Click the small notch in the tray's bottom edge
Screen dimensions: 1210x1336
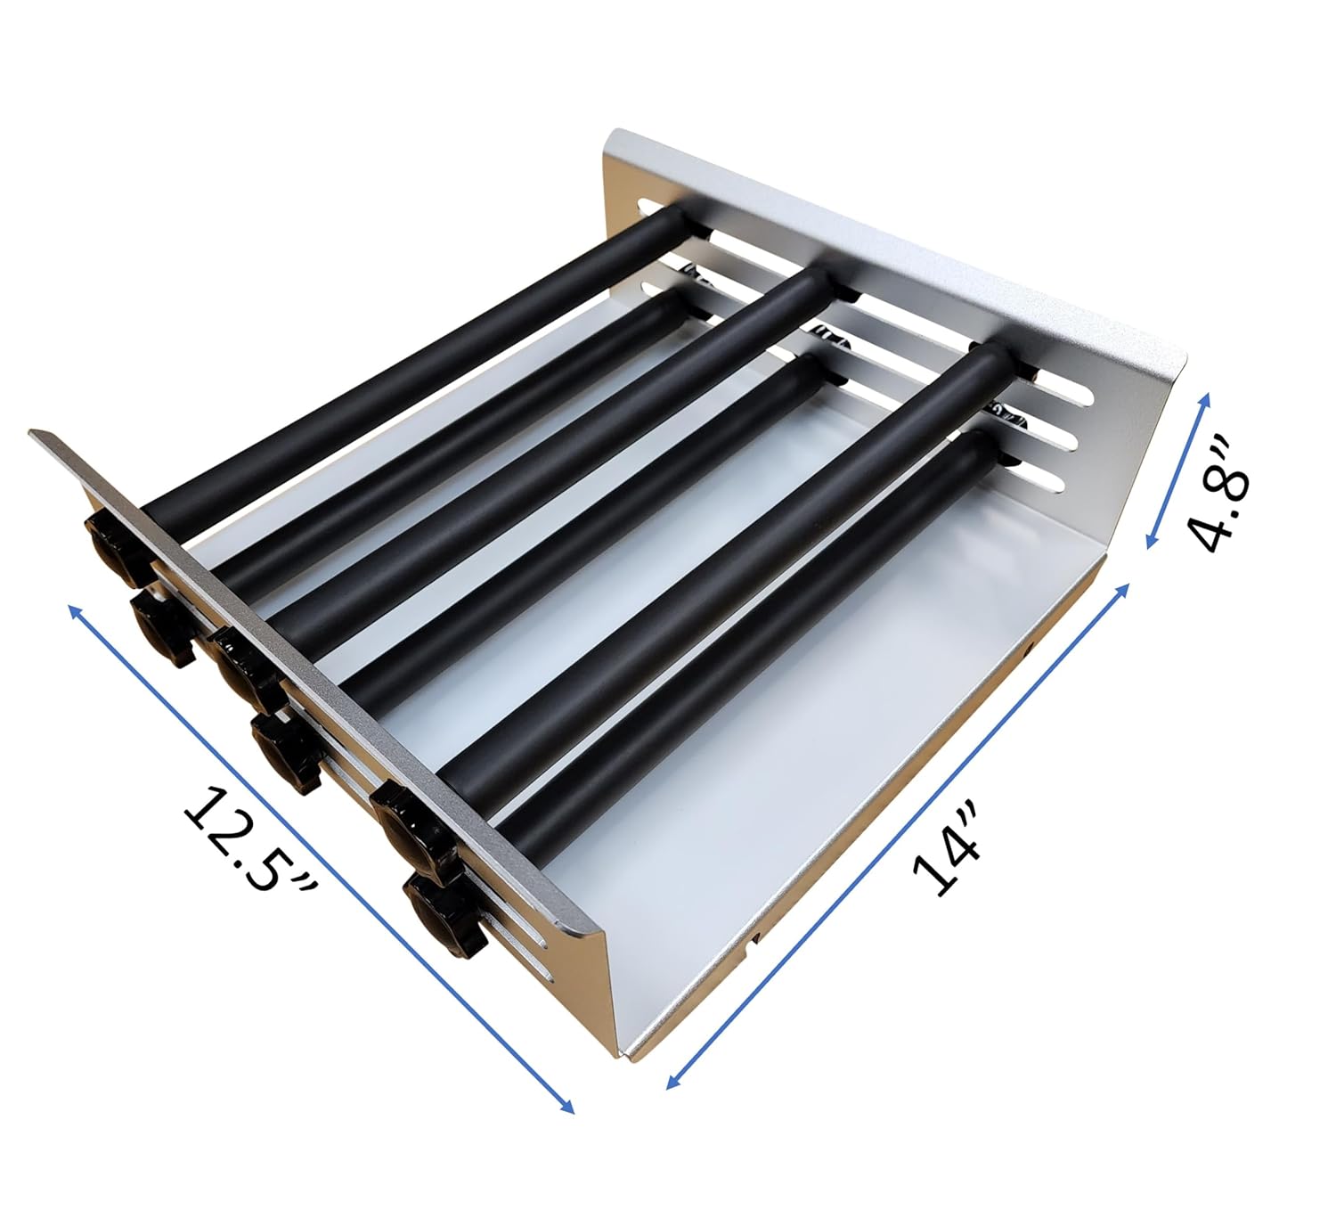(x=754, y=936)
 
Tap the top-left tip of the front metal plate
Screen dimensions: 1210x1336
(x=34, y=434)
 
